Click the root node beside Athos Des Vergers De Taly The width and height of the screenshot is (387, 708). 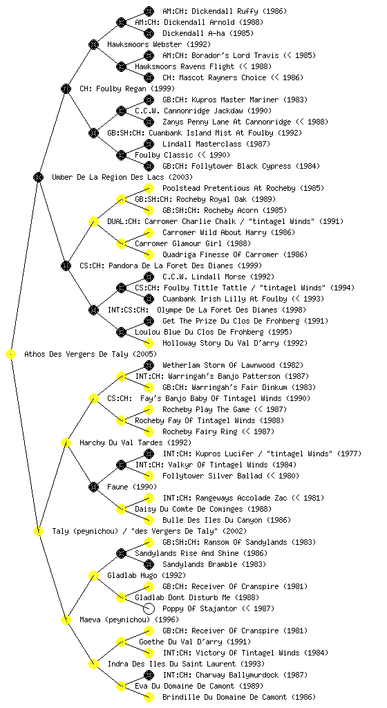click(x=11, y=355)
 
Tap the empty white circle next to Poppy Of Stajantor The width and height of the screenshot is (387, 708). click(x=149, y=608)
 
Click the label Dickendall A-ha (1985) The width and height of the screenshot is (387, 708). click(x=208, y=33)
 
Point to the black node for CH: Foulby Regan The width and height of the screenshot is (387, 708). click(x=66, y=89)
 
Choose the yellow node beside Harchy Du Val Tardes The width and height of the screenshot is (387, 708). click(x=66, y=443)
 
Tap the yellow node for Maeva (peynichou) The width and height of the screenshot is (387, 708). click(x=66, y=620)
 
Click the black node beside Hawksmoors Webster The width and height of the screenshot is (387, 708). click(x=93, y=45)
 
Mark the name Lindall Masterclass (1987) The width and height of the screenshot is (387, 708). click(x=216, y=144)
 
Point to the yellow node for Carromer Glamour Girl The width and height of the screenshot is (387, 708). click(x=121, y=244)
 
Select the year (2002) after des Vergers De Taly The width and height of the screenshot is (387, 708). click(x=234, y=532)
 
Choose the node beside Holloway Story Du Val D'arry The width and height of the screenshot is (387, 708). click(x=149, y=343)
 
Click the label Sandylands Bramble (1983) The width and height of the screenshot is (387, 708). click(x=214, y=564)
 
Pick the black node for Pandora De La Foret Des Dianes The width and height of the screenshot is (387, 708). click(x=66, y=266)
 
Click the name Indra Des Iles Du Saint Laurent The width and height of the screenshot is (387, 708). click(x=171, y=664)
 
